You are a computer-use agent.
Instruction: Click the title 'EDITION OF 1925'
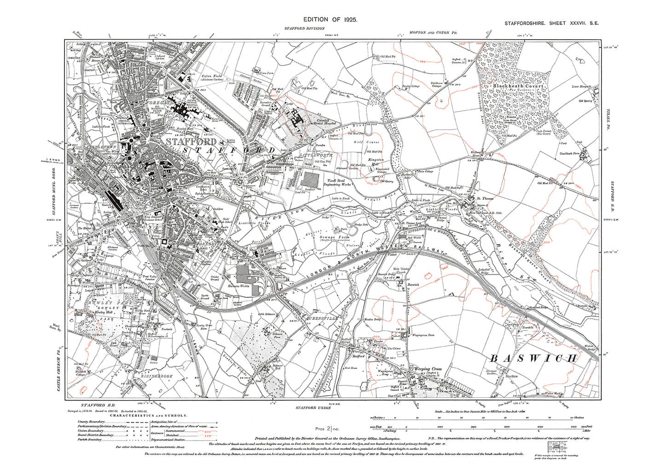click(x=330, y=19)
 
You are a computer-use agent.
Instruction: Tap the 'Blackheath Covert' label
click(x=518, y=86)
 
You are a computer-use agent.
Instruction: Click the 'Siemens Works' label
click(x=238, y=286)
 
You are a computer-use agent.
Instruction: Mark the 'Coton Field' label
click(x=212, y=76)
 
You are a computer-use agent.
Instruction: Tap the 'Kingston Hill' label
click(x=376, y=162)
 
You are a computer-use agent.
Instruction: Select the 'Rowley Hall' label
click(x=104, y=312)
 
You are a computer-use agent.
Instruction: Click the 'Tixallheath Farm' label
click(x=569, y=153)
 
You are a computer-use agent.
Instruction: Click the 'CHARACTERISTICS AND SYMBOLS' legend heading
click(x=152, y=415)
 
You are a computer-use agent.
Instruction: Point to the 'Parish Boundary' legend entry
click(x=86, y=439)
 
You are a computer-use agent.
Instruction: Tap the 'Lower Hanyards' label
click(x=581, y=87)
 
